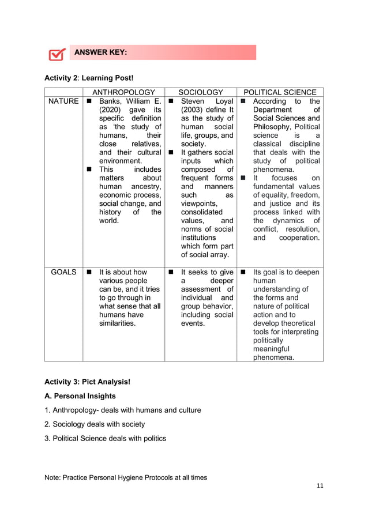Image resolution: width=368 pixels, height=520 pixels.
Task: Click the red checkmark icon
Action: (56, 54)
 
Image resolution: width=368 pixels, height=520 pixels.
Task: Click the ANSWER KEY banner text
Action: (100, 53)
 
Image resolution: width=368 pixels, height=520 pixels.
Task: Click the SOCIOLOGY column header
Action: (200, 92)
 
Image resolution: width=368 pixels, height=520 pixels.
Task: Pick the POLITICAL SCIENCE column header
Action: (280, 92)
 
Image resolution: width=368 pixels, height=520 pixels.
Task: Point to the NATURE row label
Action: (63, 101)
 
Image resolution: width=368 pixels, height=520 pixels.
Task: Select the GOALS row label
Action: (63, 272)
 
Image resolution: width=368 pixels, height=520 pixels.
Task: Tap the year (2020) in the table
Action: (110, 110)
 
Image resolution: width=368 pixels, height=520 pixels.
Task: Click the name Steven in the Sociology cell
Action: (193, 101)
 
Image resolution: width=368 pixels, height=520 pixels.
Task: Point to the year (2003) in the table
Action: (193, 110)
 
